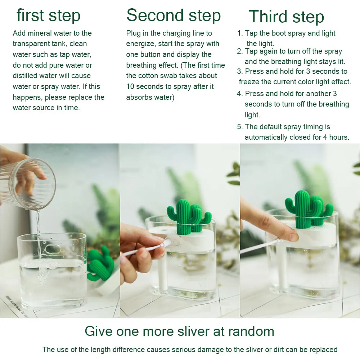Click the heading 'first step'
[49, 16]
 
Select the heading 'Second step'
[174, 15]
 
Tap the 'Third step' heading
[286, 17]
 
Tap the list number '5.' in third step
[240, 127]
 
